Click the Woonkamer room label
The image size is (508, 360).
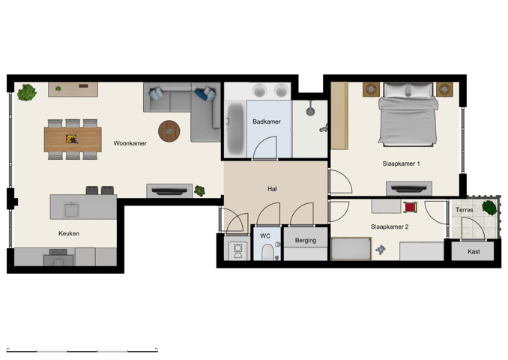[130, 142]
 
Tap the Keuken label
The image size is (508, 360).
[69, 233]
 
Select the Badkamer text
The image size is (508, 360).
[267, 121]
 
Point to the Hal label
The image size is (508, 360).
[272, 189]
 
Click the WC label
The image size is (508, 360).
[265, 235]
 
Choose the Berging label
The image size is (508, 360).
[306, 241]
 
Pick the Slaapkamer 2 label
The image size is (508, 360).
[390, 226]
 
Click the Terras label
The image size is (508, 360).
[465, 211]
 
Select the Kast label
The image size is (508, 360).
[474, 252]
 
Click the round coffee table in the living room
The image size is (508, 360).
[169, 130]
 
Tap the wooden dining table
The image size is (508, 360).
[73, 138]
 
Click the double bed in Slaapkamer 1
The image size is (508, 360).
[408, 115]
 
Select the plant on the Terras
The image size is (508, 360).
[489, 207]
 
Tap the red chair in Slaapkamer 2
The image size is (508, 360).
[410, 206]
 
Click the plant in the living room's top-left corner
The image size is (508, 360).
[28, 93]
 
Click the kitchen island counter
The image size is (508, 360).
[83, 206]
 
